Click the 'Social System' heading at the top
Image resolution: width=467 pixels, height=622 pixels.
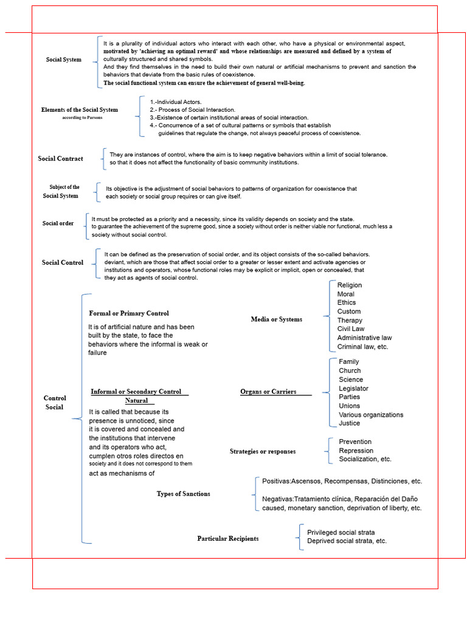pos(63,60)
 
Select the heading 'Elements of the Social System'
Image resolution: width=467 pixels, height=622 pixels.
pos(80,110)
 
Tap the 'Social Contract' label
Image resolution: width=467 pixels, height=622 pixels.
pos(60,159)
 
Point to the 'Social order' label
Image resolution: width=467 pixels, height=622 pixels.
pos(58,224)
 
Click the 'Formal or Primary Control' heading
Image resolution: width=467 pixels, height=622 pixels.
pos(129,313)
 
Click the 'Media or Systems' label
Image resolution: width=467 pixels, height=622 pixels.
pos(276,320)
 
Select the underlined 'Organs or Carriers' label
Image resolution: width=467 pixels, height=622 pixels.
pos(268,392)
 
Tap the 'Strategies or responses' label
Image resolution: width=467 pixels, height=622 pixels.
pos(263,451)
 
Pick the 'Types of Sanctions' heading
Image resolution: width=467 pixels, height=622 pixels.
pos(183,494)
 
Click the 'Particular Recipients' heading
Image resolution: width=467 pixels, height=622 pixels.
pos(227,539)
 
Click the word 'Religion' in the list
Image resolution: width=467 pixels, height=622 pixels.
pos(350,285)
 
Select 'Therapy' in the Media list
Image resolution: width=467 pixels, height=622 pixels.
pos(350,320)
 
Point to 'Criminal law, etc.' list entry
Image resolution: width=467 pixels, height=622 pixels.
pos(362,347)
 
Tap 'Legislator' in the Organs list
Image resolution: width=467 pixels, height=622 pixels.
pos(353,389)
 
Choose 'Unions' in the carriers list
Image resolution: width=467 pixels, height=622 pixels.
pos(350,406)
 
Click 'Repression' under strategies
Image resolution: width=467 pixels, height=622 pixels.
pos(356,451)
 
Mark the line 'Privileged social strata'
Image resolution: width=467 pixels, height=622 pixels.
pos(341,532)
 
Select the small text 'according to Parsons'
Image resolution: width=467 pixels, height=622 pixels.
pos(82,117)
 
